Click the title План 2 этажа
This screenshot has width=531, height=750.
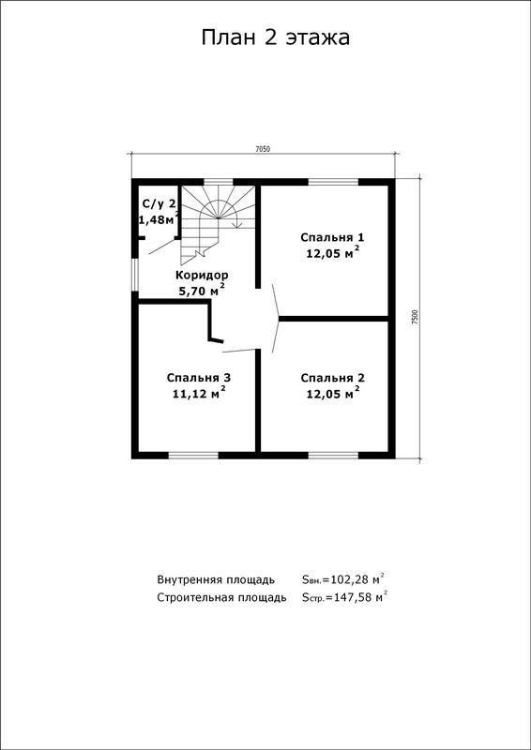click(x=275, y=37)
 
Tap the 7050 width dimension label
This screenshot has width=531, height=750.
click(x=263, y=149)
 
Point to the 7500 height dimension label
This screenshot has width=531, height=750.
click(x=415, y=318)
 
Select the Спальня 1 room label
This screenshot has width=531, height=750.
click(x=333, y=237)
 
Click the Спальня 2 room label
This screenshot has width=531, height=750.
click(x=333, y=378)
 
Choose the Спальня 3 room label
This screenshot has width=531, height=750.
click(x=199, y=378)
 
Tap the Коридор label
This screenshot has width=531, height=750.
click(x=202, y=276)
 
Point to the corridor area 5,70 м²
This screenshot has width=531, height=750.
click(x=202, y=290)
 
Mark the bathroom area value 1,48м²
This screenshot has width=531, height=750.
click(x=159, y=219)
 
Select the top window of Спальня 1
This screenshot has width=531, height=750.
click(x=333, y=182)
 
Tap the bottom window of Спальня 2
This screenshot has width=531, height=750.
click(x=333, y=456)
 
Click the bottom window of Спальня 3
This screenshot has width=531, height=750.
click(x=193, y=456)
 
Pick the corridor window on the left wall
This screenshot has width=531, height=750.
click(x=135, y=275)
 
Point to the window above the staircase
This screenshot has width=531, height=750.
click(x=219, y=182)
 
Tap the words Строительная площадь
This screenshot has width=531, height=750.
click(x=222, y=598)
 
